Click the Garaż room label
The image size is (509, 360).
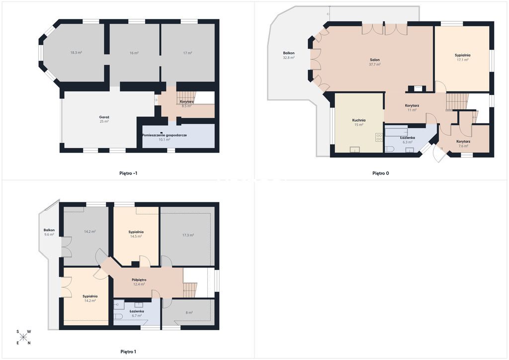pos(104,117)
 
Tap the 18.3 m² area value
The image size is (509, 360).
pos(76,53)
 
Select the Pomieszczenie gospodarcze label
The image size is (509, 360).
pos(164,135)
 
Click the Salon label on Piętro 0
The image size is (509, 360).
pos(375,60)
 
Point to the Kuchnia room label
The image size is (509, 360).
pos(359,120)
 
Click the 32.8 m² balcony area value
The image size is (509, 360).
pos(289,58)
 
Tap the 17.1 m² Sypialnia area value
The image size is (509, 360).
pos(462,60)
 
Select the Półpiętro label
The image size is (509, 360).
pos(139,280)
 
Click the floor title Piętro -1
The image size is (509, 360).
pos(128,174)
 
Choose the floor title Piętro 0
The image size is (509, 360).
pos(380,174)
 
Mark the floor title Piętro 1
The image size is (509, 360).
pos(128,352)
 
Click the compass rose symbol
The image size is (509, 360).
pos(23,337)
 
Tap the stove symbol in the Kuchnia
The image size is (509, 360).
pos(379,137)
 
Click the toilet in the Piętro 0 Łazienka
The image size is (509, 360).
pos(390,149)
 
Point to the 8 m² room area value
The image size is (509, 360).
pos(189,313)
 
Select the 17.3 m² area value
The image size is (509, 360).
pos(188,235)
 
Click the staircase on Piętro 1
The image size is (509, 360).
pos(190,289)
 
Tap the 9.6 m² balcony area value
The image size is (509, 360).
pos(49,234)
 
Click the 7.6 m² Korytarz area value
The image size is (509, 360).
pos(463,146)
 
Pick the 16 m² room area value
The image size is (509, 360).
pos(134,53)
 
